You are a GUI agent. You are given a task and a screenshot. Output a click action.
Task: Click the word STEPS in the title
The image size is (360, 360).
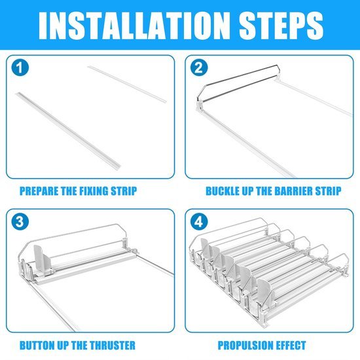click(x=281, y=26)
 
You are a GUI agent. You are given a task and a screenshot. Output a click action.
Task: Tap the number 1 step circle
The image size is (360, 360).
click(x=20, y=67)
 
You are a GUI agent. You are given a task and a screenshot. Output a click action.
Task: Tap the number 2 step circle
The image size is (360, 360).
click(x=199, y=67)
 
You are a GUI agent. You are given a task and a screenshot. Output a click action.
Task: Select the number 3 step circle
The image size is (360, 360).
click(x=20, y=222)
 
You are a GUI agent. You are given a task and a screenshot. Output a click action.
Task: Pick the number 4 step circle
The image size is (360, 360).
click(x=199, y=222)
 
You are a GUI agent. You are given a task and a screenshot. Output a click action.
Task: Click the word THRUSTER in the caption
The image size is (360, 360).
click(x=113, y=346)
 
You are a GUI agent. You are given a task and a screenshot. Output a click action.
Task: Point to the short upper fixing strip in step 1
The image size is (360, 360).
click(x=127, y=84)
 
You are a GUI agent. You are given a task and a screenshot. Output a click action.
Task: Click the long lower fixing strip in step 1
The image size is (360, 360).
click(x=68, y=130)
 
